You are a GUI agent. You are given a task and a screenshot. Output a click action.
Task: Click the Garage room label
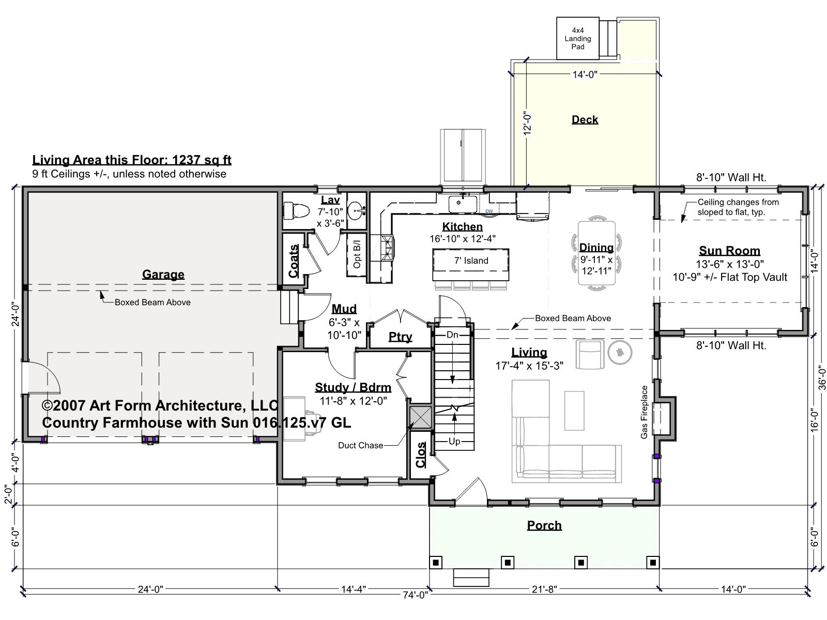coord(163,275)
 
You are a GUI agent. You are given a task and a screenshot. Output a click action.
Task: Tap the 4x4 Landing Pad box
coord(577,38)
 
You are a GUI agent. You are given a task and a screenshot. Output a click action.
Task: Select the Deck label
coord(585,120)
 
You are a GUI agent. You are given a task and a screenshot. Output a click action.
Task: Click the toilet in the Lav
coord(296,210)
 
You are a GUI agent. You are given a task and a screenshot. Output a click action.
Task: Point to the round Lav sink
coord(357,210)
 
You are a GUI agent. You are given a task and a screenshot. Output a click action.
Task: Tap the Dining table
coord(596,253)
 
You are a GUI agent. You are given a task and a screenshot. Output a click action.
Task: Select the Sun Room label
coord(729,251)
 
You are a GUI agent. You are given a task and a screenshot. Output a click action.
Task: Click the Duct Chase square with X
coord(420,417)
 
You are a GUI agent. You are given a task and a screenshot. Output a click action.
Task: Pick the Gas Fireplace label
coord(644,412)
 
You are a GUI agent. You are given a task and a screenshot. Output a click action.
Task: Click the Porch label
coord(544,525)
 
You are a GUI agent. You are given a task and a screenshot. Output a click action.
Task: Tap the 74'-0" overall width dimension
coord(415,595)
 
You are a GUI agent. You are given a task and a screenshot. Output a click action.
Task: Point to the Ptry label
coord(400,337)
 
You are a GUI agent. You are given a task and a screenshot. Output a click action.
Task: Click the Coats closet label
coord(294,261)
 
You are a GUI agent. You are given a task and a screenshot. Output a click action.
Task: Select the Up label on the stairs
coord(454,442)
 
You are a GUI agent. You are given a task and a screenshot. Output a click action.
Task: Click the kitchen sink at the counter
coord(463,204)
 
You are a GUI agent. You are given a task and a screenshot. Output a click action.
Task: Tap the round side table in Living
coord(620,352)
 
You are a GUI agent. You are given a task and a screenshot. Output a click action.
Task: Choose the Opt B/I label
coord(357,254)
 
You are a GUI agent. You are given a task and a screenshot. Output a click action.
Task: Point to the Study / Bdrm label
coord(353,387)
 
